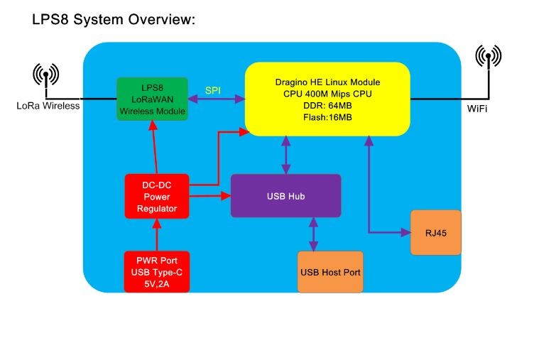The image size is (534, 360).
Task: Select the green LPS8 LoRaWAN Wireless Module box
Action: tap(153, 99)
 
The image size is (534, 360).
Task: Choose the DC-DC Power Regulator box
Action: tap(158, 196)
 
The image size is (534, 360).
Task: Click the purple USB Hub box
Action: tap(285, 196)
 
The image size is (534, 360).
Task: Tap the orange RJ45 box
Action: tap(435, 232)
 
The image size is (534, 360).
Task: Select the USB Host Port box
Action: tap(330, 272)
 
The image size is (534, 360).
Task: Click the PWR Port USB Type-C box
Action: tap(158, 271)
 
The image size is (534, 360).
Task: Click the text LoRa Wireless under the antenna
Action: tap(48, 107)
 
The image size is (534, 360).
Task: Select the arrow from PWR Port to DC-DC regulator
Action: tap(158, 234)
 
